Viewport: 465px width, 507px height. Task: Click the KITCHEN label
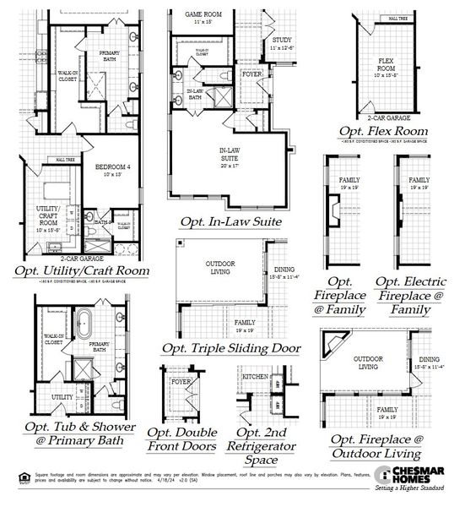(x=256, y=377)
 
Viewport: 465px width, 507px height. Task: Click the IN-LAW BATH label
(x=195, y=93)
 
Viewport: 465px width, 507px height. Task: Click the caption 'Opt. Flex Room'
(x=382, y=131)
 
